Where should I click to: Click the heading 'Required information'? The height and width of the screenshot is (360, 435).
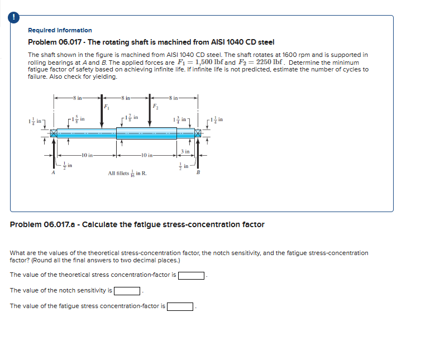pos(60,30)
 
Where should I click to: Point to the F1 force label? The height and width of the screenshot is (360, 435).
pos(107,106)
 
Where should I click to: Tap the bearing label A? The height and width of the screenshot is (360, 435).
pos(54,173)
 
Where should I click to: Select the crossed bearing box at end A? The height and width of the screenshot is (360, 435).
pos(54,133)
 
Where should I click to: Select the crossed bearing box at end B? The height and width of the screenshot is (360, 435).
pos(198,133)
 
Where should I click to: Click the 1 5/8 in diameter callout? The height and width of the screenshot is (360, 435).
pos(78,119)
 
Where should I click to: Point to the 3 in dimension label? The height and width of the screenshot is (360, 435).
pos(186,152)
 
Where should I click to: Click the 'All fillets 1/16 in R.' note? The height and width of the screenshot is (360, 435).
pos(127,174)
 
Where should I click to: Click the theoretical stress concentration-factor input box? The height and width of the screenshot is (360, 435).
pos(192,275)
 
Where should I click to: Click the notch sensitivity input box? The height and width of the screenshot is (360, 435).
pos(127,291)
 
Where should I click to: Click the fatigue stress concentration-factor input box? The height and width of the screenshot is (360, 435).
pos(180,306)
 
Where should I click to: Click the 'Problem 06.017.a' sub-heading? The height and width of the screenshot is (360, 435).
pos(137,224)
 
